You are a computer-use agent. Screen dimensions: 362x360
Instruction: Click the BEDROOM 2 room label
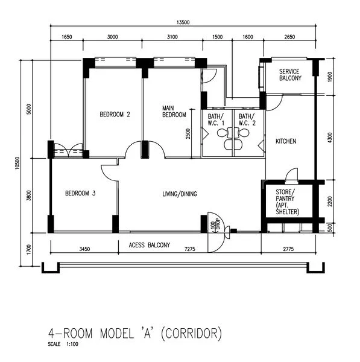(115, 114)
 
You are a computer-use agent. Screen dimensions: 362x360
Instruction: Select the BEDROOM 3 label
(80, 194)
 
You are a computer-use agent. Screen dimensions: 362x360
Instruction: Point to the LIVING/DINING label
(180, 194)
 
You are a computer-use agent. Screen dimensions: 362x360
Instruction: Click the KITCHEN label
(286, 141)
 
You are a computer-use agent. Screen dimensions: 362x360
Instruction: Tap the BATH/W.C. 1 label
(216, 119)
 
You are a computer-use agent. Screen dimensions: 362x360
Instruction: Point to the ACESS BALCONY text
(150, 245)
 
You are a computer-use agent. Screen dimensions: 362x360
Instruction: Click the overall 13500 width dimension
(183, 22)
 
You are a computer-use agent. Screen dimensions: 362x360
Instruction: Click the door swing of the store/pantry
(291, 175)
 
